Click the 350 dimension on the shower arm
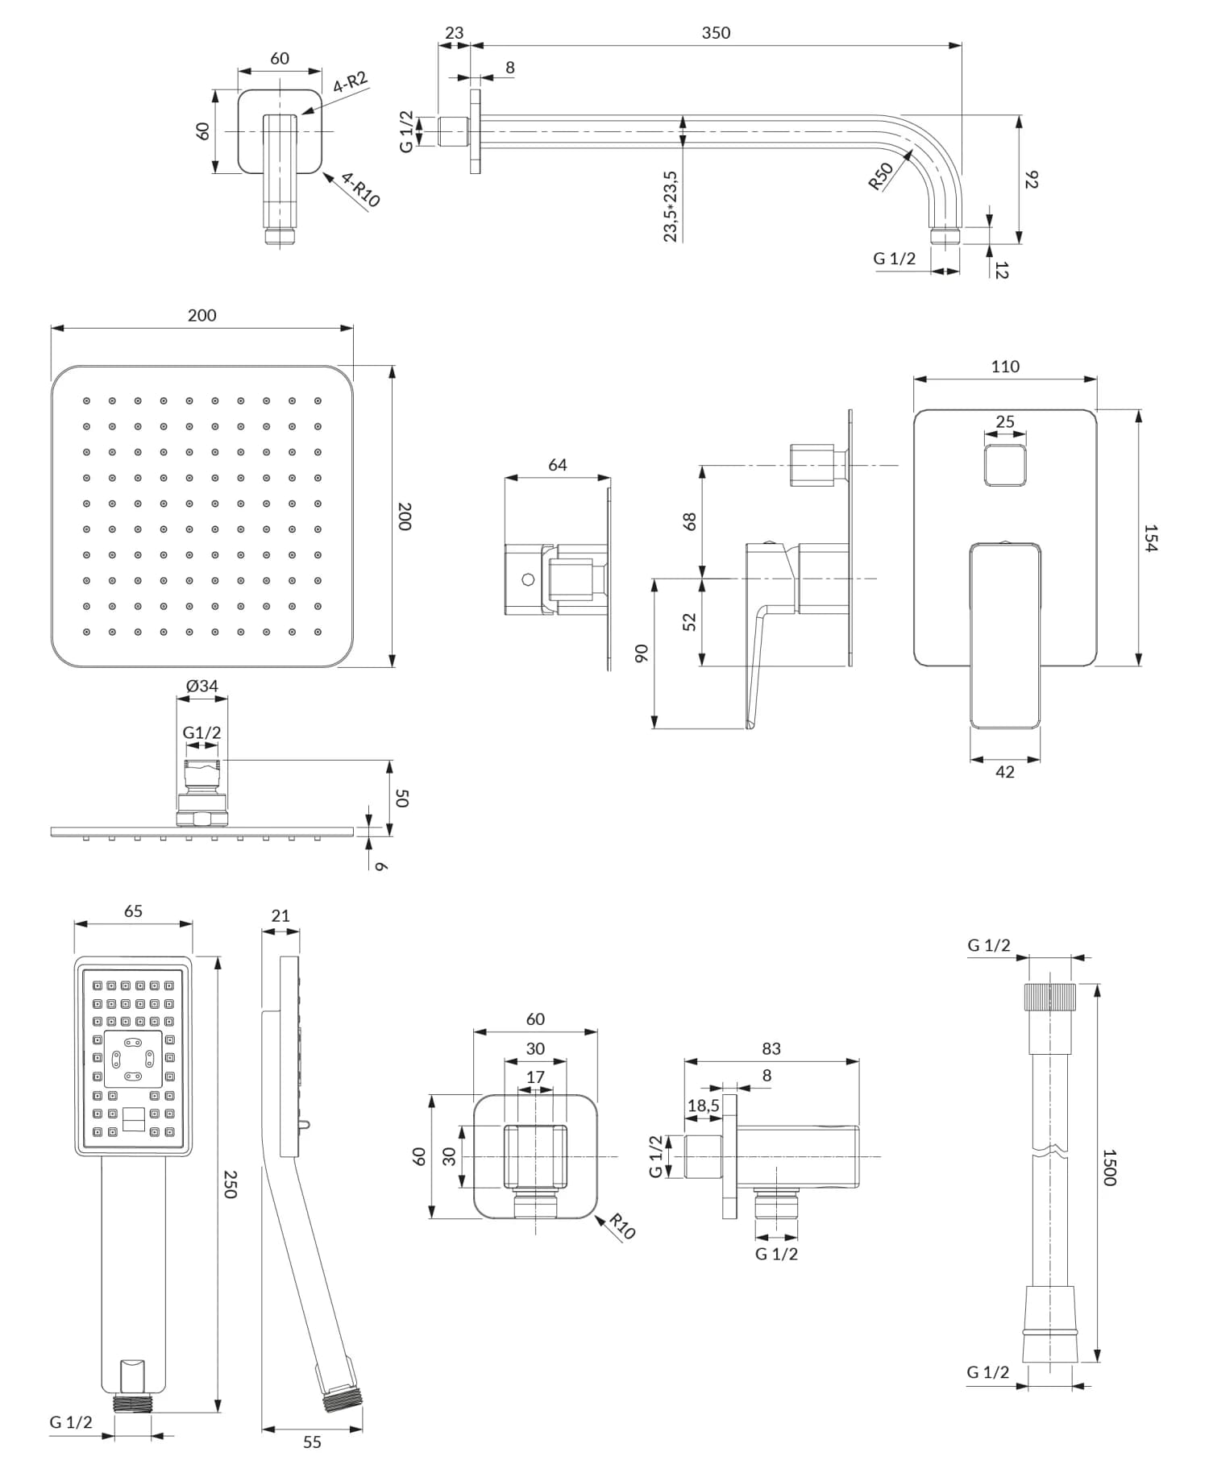pos(715,33)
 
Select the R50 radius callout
pos(880,176)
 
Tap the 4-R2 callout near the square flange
pos(350,82)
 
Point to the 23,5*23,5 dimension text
pos(671,205)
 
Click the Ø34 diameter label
pos(201,686)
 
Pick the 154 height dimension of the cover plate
pos(1150,537)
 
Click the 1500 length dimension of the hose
pos(1110,1167)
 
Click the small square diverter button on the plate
pos(1005,465)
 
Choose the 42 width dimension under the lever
pos(1005,771)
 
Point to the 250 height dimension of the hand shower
pos(230,1185)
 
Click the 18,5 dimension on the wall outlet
pos(703,1106)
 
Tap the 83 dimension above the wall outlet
pos(771,1048)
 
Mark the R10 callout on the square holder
pos(622,1226)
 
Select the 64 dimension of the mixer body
pos(557,465)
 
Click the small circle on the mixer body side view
pos(528,579)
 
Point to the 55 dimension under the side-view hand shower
pos(312,1442)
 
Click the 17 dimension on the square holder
pos(535,1077)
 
